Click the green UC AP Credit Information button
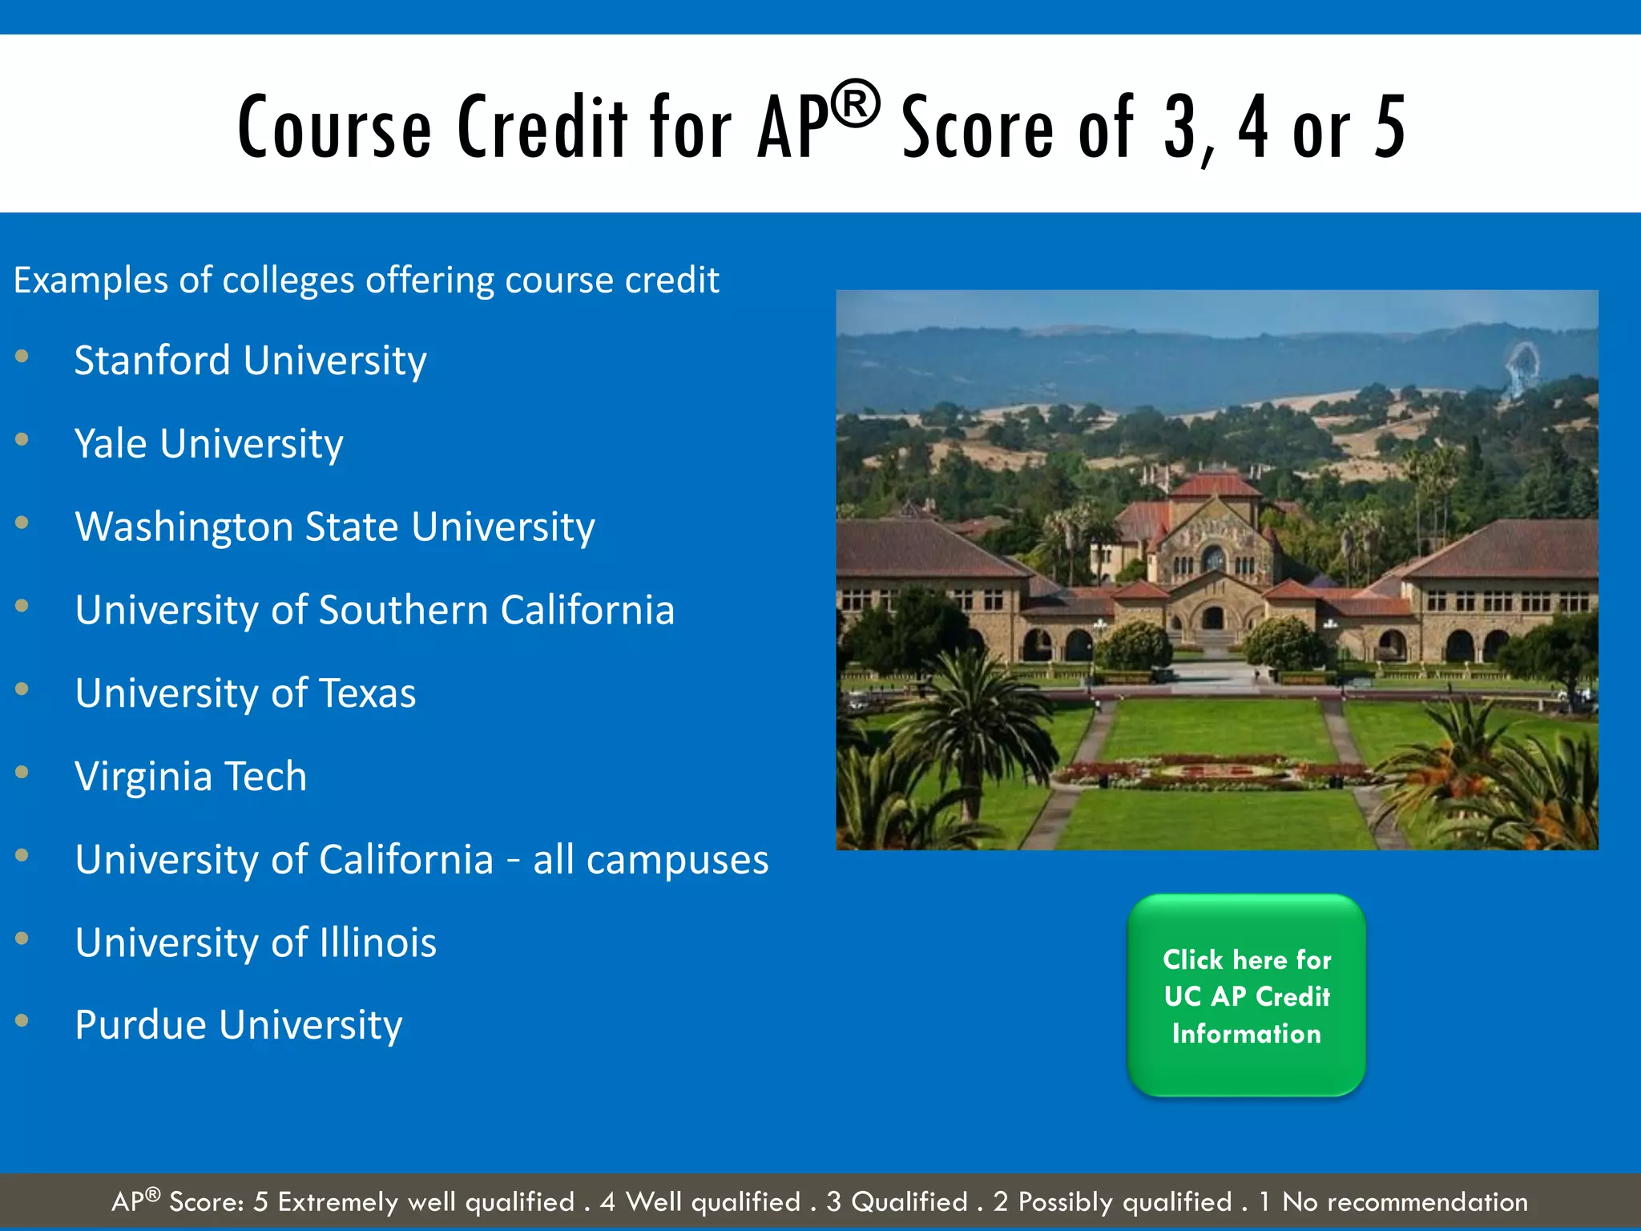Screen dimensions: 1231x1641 [x=1246, y=995]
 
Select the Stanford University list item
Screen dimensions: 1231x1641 [x=250, y=361]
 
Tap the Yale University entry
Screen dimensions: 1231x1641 [x=208, y=444]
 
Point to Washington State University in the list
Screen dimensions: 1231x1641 [x=334, y=527]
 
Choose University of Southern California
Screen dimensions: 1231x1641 [x=374, y=611]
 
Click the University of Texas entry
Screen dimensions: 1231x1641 [x=245, y=693]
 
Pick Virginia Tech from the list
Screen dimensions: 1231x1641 [x=191, y=777]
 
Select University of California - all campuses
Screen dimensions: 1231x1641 [x=421, y=860]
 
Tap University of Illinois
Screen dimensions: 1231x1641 [x=256, y=943]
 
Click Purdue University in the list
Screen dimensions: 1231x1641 [x=238, y=1026]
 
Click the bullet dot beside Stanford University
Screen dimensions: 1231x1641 [x=22, y=356]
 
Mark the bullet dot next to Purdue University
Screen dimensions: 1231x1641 [x=22, y=1021]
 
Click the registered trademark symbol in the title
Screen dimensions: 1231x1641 [x=855, y=104]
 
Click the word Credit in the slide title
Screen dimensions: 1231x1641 [x=542, y=127]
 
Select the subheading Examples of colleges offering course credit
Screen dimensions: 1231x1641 [x=366, y=281]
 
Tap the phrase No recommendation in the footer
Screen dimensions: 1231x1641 [x=1405, y=1202]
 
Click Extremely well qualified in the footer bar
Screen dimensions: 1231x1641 [x=425, y=1202]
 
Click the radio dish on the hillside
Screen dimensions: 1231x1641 [x=1520, y=365]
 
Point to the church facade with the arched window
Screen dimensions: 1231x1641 [x=1212, y=553]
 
